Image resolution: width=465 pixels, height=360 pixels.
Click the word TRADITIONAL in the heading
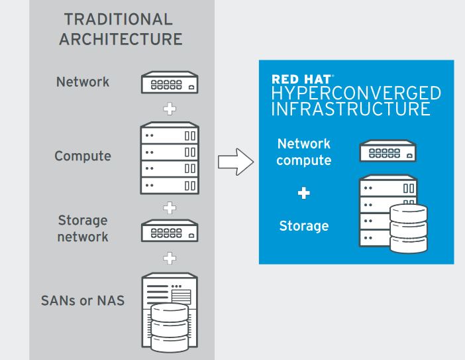click(x=119, y=19)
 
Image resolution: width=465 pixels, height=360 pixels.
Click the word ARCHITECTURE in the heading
click(x=121, y=39)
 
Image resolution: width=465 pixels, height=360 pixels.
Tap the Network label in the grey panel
click(x=83, y=82)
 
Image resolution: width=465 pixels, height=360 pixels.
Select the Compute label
click(x=83, y=156)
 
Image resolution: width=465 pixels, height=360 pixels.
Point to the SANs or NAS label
click(x=83, y=300)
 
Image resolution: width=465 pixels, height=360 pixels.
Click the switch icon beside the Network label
click(x=170, y=82)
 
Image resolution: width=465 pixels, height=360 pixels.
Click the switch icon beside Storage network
click(x=170, y=231)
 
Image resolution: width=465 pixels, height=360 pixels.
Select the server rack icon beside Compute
click(x=170, y=158)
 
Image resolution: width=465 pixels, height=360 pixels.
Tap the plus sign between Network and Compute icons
click(x=170, y=109)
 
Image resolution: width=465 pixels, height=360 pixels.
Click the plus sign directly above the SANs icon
click(x=170, y=258)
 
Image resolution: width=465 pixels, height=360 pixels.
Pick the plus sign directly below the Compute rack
click(x=170, y=208)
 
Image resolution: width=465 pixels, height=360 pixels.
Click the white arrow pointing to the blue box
click(x=236, y=162)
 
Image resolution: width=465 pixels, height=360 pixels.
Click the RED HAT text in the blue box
click(x=301, y=80)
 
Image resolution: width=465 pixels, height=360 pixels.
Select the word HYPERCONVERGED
click(x=356, y=93)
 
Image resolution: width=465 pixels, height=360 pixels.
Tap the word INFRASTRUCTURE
click(x=351, y=109)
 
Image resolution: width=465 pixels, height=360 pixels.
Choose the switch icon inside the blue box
click(x=388, y=150)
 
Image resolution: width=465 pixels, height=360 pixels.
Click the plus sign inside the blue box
click(x=303, y=193)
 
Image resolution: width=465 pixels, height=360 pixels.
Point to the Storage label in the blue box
click(x=304, y=226)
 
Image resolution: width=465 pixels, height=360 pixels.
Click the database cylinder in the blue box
click(x=409, y=229)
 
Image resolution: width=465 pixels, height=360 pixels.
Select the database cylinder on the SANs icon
click(x=170, y=328)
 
